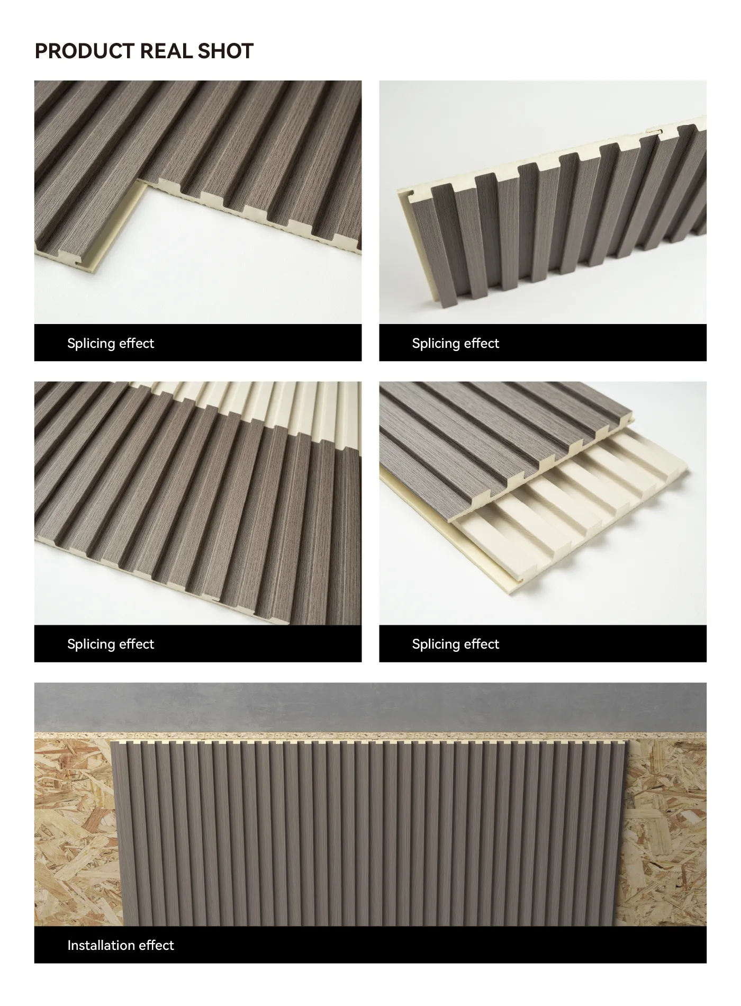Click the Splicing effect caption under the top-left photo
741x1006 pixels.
pyautogui.click(x=111, y=344)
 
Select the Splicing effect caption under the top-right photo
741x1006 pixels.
pyautogui.click(x=456, y=344)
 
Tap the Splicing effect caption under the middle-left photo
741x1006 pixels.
pyautogui.click(x=111, y=644)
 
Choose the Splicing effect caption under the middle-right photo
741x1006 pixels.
pyautogui.click(x=456, y=644)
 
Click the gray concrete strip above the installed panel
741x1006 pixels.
pyautogui.click(x=370, y=707)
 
